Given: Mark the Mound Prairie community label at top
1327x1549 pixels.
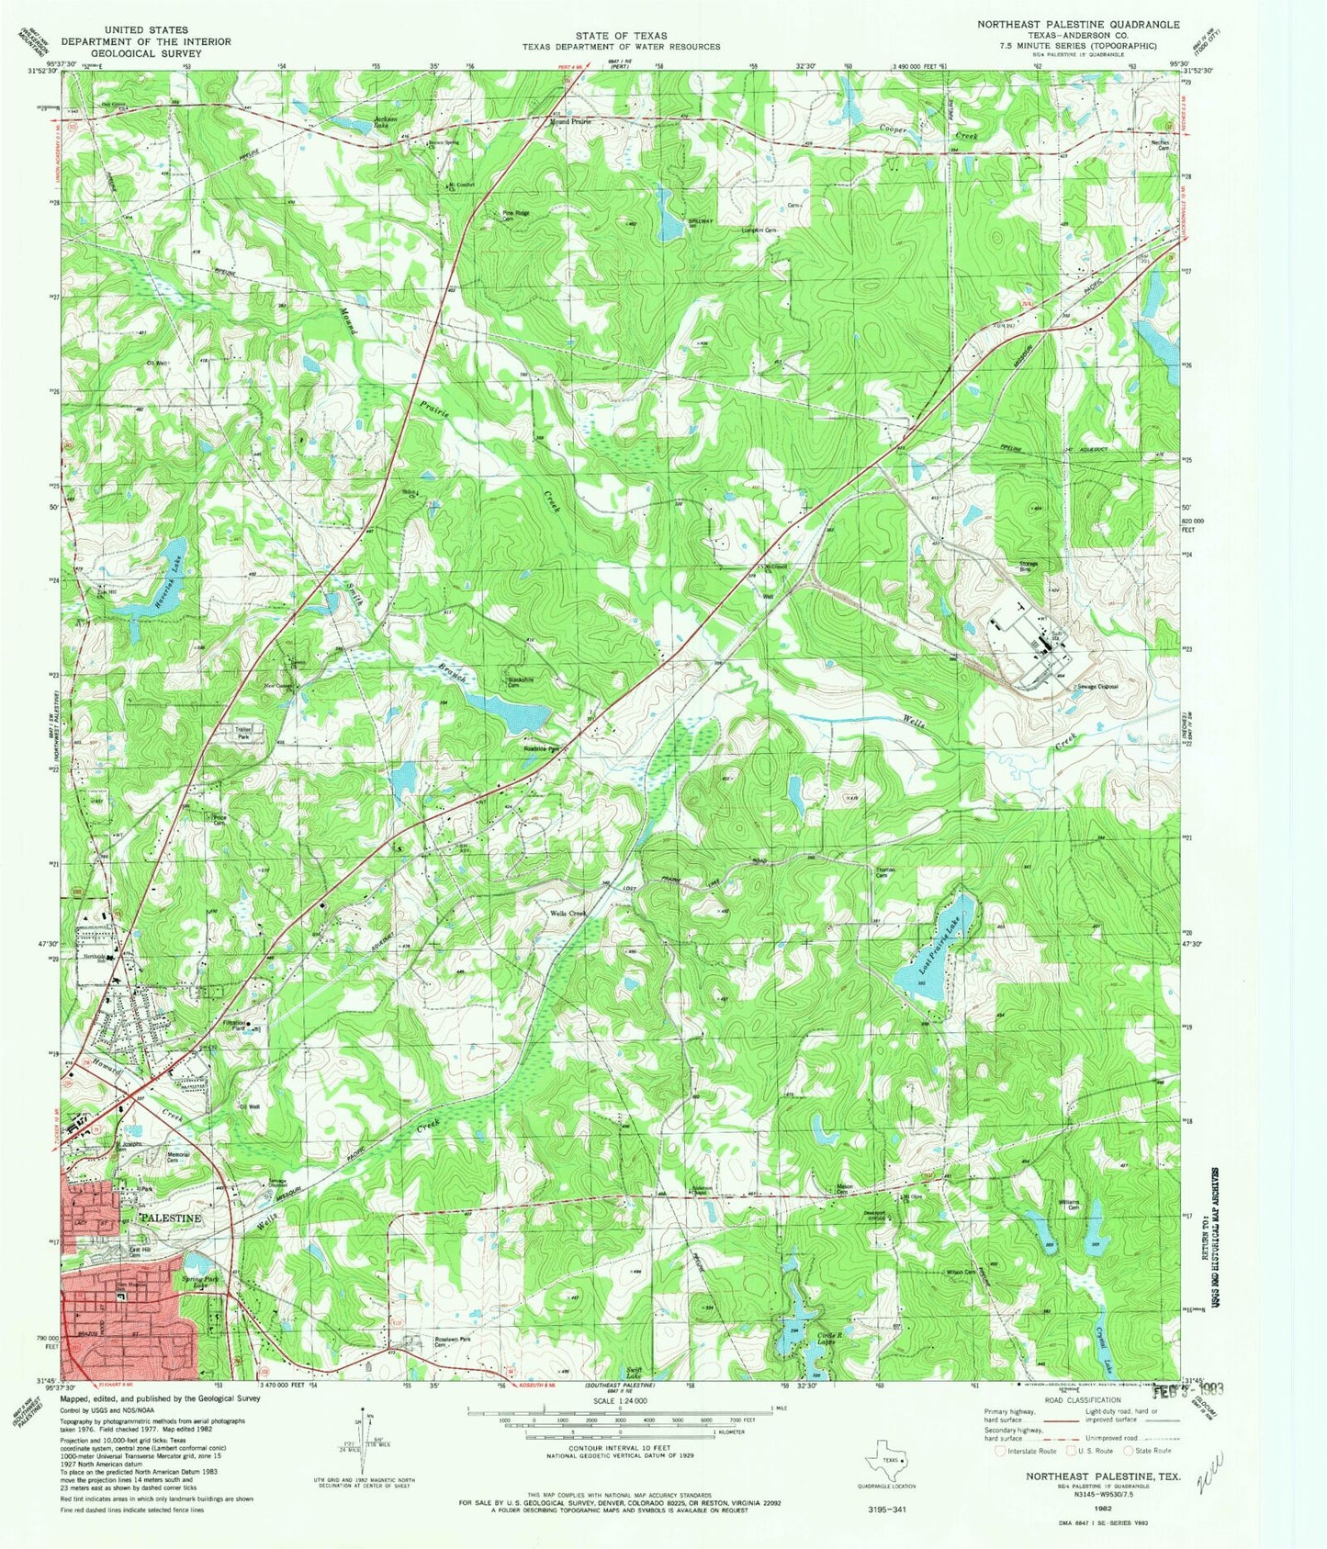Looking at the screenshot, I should click(x=570, y=121).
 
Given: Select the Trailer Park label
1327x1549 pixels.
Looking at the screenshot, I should click(x=243, y=734).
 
